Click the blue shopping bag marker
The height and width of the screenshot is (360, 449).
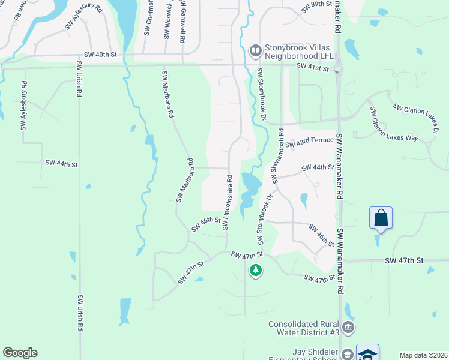(381, 218)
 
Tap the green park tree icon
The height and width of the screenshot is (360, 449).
(256, 271)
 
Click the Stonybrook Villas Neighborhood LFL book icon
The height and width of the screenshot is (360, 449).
(255, 50)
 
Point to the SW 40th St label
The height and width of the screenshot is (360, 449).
(100, 55)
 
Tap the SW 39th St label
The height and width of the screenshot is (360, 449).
(316, 4)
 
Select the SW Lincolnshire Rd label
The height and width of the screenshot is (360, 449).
(228, 202)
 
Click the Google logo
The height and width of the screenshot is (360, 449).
(20, 353)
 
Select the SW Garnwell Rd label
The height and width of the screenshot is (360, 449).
(181, 21)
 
